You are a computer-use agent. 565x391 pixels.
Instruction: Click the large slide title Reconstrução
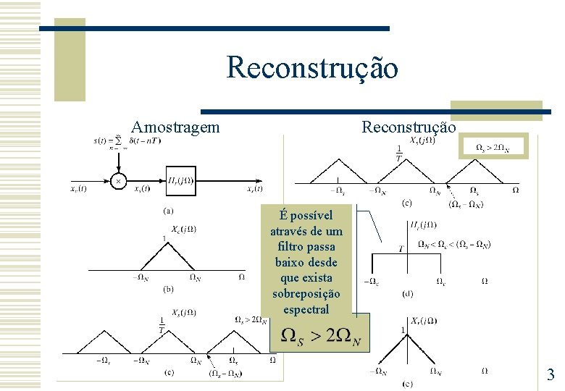tap(311, 68)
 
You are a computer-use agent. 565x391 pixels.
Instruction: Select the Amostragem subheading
tap(175, 127)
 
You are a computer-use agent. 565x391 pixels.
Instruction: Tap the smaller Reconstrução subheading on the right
tap(409, 127)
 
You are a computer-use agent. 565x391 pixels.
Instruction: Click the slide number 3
tap(551, 374)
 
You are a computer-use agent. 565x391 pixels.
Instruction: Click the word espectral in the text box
tap(306, 309)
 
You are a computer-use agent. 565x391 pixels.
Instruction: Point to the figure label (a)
tap(167, 211)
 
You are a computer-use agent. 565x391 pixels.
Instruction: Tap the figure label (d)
tap(408, 294)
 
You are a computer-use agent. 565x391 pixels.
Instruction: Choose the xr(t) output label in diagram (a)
tap(254, 189)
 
